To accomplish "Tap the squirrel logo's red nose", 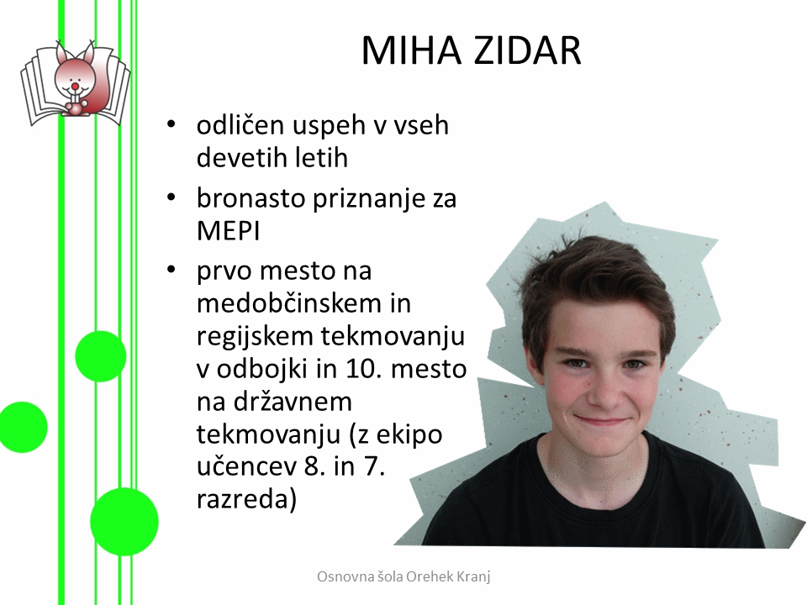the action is [75, 86].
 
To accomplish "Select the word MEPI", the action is [228, 231].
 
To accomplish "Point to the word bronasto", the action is [251, 198].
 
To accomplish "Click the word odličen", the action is [240, 125].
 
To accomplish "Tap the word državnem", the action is [293, 402].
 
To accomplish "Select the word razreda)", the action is [247, 499].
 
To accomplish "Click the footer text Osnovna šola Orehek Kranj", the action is [403, 576].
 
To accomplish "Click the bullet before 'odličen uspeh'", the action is [171, 125].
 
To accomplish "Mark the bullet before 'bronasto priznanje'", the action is [171, 198].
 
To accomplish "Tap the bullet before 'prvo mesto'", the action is [171, 271].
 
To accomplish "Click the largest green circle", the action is [124, 522].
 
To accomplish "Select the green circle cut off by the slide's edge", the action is [23, 428].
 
